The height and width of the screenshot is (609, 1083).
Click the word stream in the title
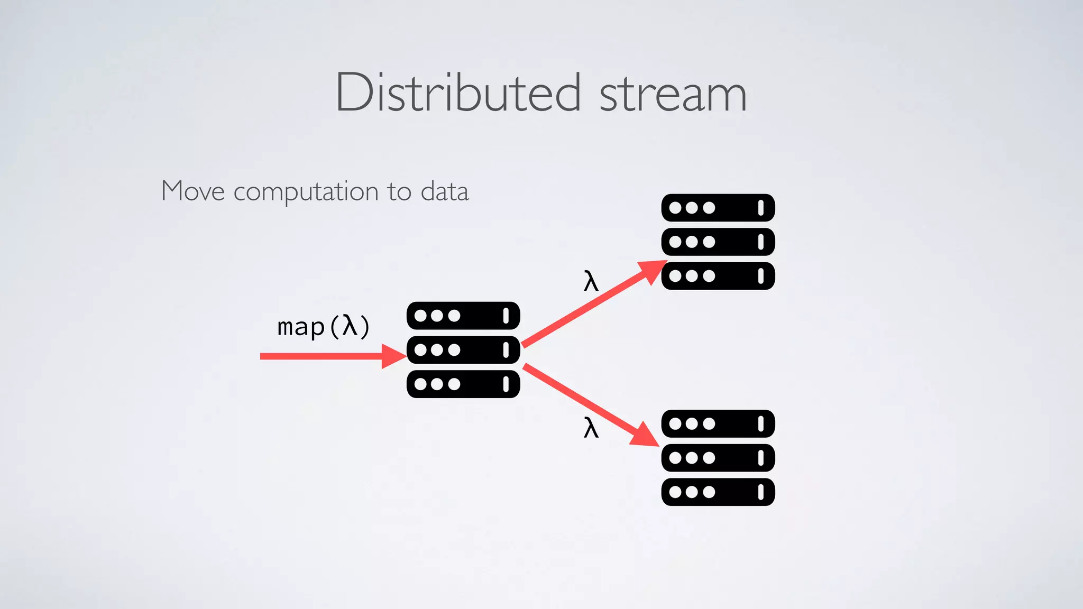click(673, 94)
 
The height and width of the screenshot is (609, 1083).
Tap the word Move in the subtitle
click(193, 191)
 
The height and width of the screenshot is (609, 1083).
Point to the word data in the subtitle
click(445, 191)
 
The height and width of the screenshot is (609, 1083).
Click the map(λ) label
click(323, 327)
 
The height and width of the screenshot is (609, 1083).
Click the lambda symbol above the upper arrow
click(591, 281)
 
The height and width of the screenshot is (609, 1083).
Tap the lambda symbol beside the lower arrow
click(591, 427)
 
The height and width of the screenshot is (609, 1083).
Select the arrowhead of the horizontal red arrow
click(393, 356)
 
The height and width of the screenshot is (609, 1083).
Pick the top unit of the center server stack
click(463, 316)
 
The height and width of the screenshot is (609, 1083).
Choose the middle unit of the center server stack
click(463, 350)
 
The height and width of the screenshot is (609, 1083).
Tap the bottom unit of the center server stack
click(463, 384)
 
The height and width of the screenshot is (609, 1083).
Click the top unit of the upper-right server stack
click(718, 208)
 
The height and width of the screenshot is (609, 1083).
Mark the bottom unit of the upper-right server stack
click(718, 276)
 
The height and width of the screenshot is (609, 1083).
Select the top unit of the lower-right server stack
click(718, 423)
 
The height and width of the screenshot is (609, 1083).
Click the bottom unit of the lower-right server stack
click(718, 492)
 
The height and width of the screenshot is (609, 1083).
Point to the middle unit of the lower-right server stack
click(718, 458)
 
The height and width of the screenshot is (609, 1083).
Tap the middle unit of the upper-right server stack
click(718, 242)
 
